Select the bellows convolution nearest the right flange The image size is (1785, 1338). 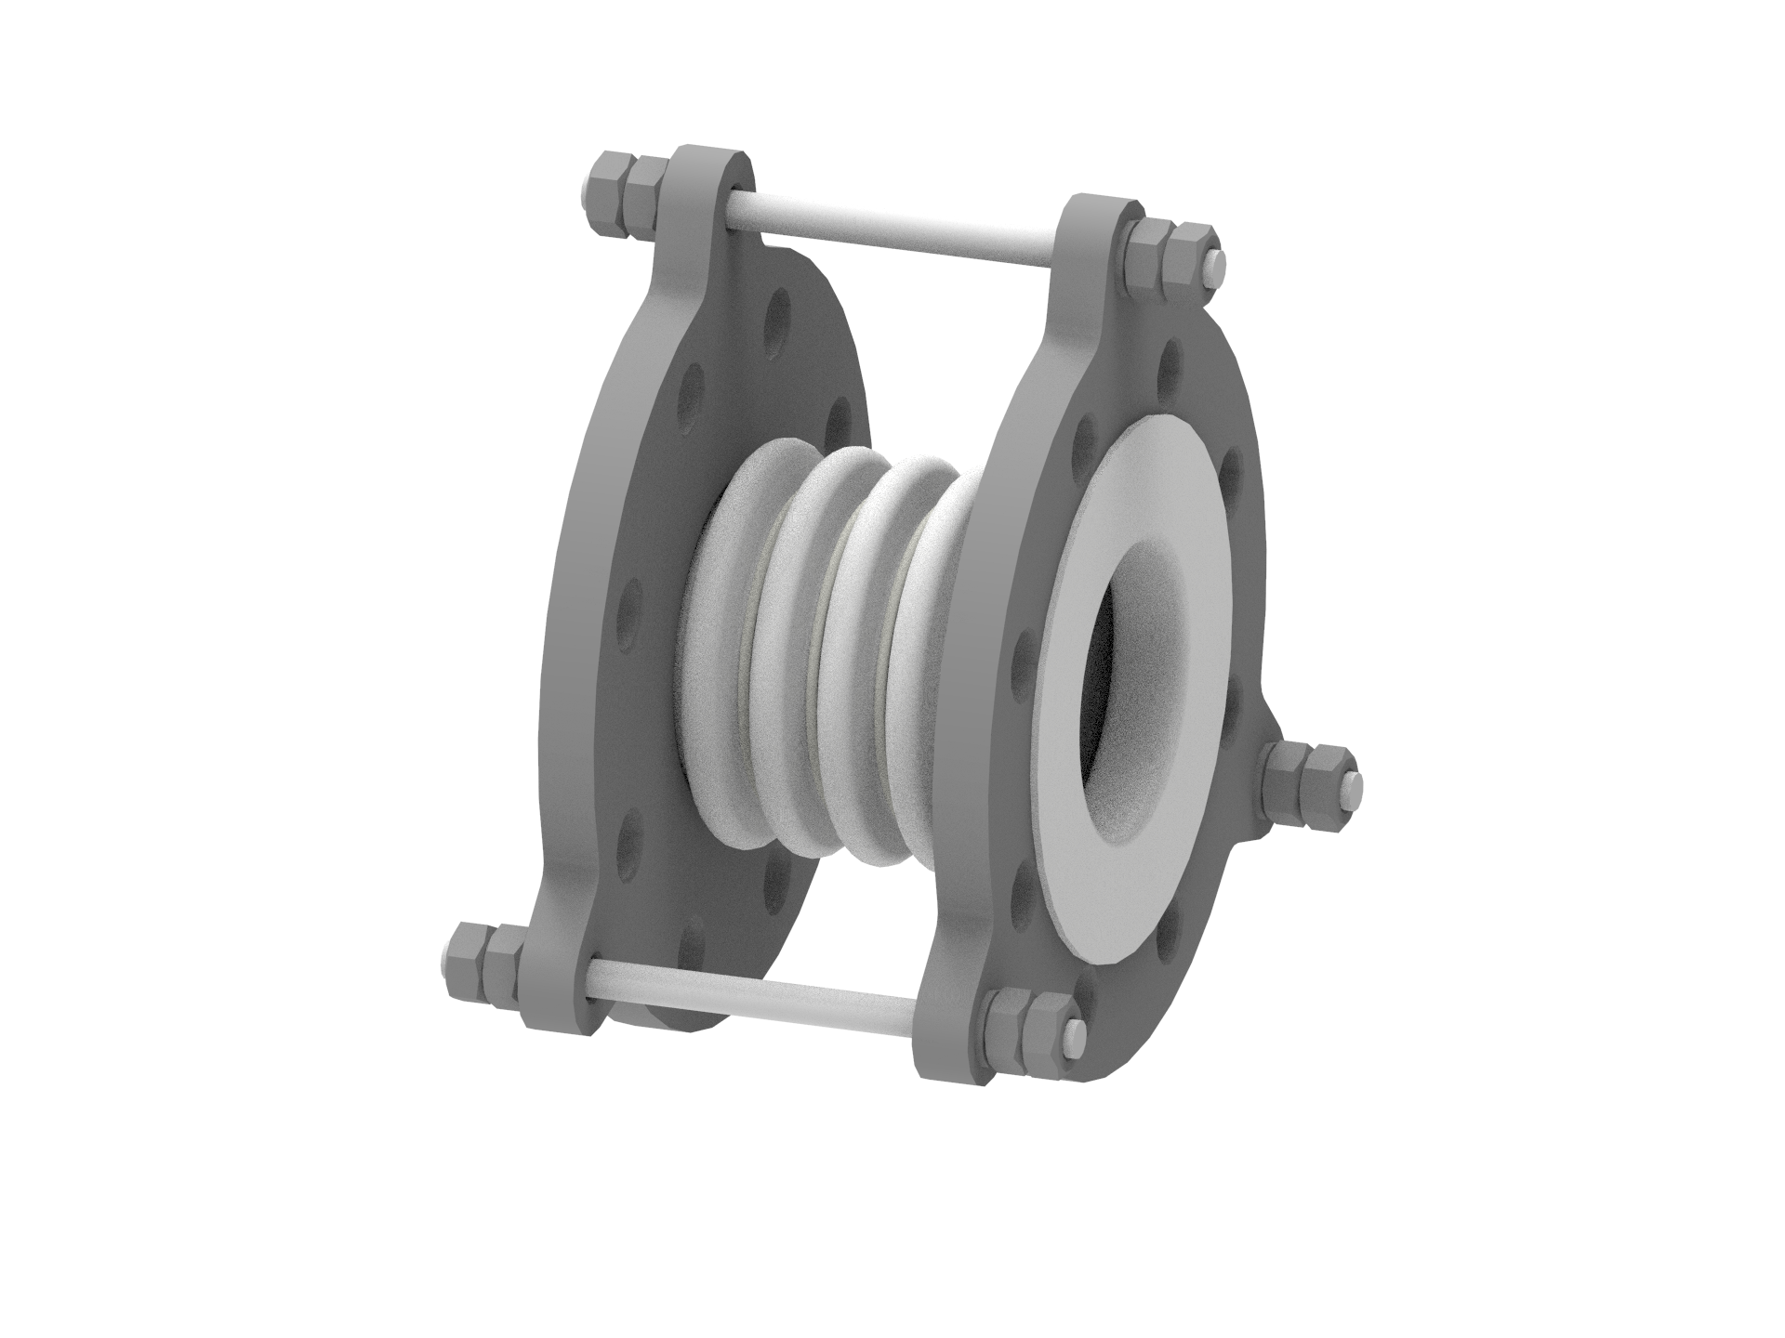click(x=930, y=650)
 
